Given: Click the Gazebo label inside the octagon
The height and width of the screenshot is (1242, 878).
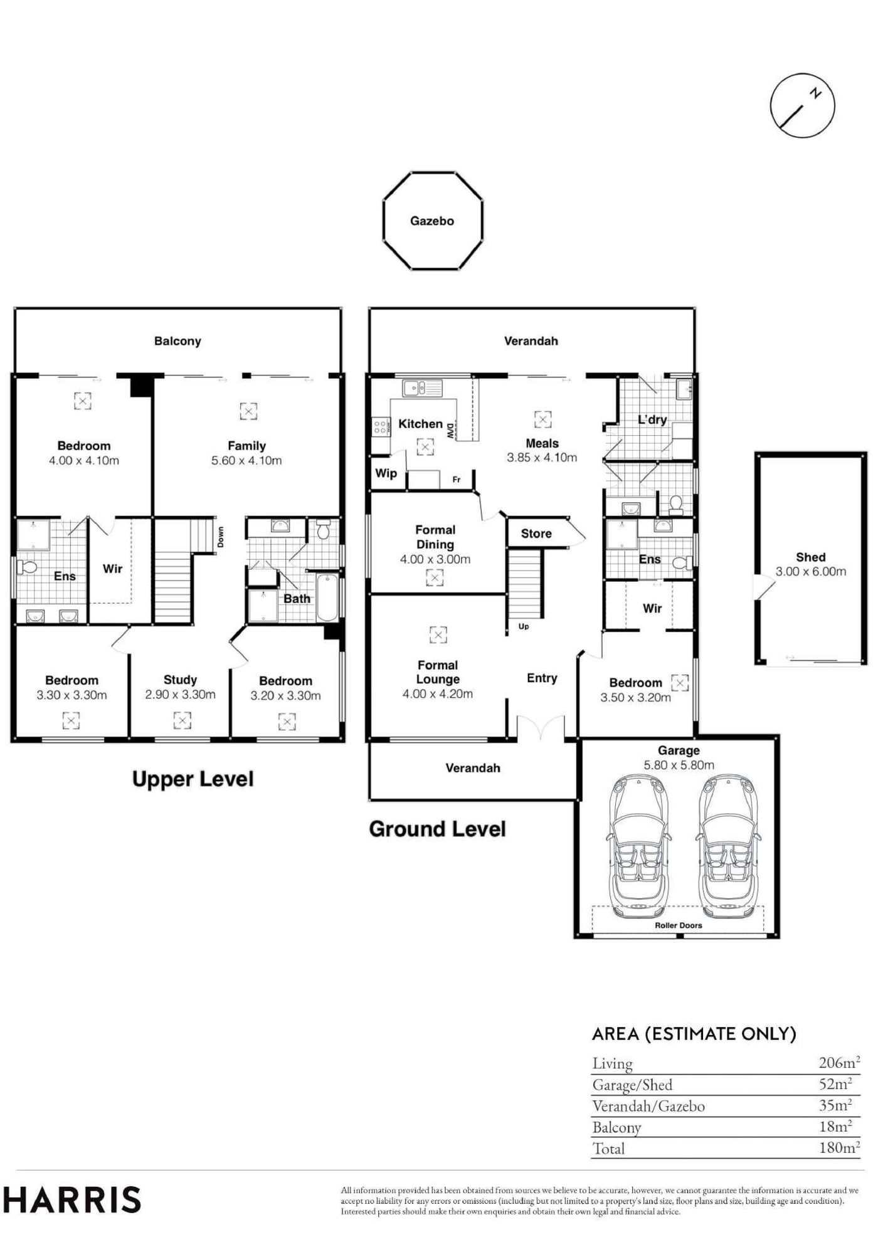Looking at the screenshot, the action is (x=431, y=221).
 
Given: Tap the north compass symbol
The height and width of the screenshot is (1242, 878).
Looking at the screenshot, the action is (x=802, y=105).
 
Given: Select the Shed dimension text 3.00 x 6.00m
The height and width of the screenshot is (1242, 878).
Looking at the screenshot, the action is (x=810, y=571).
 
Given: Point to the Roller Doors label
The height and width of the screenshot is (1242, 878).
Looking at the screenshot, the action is (x=678, y=925).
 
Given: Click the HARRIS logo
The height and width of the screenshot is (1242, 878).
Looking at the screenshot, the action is (x=71, y=1200).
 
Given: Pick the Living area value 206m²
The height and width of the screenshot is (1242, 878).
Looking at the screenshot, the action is (x=839, y=1063).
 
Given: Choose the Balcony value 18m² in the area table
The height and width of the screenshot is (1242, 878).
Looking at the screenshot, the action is (x=835, y=1127).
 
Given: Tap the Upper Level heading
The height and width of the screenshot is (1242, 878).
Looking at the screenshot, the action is (x=193, y=779).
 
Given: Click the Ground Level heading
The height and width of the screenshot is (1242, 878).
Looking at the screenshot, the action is (x=437, y=829).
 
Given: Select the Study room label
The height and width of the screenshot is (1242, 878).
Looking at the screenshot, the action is (x=180, y=680).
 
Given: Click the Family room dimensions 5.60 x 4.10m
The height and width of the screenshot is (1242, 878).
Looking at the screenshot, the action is (x=246, y=461).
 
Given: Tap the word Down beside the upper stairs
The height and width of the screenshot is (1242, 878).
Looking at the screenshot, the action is (x=220, y=537).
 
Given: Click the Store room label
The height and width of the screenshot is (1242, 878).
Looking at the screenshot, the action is (x=536, y=534).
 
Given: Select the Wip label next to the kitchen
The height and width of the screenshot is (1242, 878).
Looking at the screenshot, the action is (x=386, y=473).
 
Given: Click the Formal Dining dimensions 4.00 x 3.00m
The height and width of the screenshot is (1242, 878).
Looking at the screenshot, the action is (x=435, y=559).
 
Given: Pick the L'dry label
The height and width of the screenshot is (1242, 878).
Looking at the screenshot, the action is (x=652, y=419).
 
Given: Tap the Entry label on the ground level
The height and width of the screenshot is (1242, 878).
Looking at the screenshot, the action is (x=542, y=678).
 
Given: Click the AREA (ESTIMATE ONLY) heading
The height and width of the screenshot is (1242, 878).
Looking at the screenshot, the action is (x=694, y=1034).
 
